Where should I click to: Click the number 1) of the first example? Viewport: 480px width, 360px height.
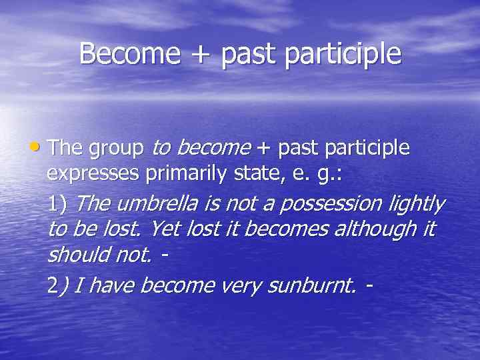(57, 204)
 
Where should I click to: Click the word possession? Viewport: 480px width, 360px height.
(333, 204)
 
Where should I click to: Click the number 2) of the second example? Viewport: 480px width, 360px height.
(57, 286)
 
